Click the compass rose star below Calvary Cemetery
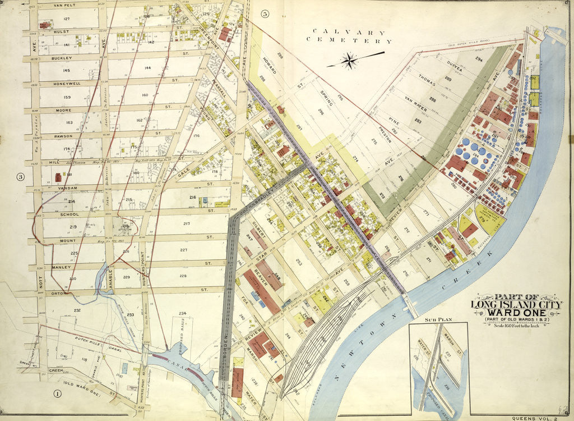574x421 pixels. point(350,60)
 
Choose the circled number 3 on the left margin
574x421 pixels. point(21,177)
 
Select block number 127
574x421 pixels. point(66,19)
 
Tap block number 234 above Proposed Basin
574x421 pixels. point(182,313)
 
